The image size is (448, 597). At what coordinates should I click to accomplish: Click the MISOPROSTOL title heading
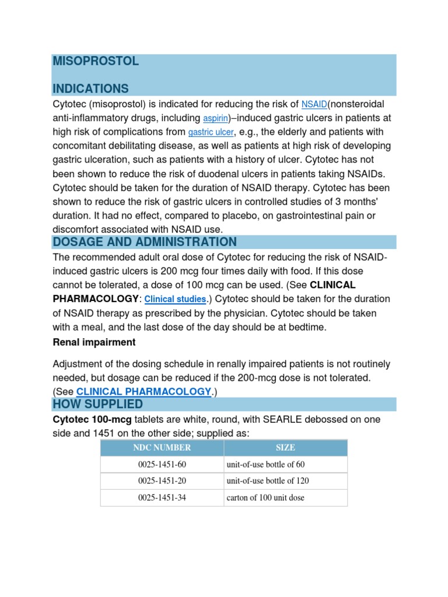click(x=96, y=61)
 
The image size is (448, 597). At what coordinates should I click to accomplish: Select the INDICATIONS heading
click(x=90, y=89)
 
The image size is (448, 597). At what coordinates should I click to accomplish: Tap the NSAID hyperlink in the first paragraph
click(x=314, y=105)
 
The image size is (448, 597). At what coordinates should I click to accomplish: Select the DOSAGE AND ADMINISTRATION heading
click(x=145, y=242)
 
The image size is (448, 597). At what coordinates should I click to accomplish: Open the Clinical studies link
click(x=175, y=299)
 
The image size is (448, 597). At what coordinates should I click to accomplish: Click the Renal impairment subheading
click(x=94, y=342)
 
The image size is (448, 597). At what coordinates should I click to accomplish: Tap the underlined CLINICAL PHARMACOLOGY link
click(x=143, y=392)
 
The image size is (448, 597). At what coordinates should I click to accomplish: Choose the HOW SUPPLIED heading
click(x=97, y=404)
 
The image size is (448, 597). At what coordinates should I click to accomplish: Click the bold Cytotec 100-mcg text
click(x=93, y=420)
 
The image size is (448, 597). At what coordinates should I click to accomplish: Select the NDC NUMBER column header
click(x=162, y=448)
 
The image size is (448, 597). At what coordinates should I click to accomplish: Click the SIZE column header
click(x=285, y=448)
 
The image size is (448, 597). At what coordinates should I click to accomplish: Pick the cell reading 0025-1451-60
click(x=162, y=465)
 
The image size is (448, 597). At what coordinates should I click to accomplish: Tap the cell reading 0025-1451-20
click(x=162, y=481)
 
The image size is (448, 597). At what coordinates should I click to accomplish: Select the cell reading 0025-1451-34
click(x=162, y=498)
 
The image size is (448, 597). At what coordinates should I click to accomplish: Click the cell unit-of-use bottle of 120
click(x=268, y=481)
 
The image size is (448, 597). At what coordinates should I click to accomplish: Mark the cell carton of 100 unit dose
click(x=265, y=498)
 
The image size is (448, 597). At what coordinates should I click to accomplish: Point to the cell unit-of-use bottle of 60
click(x=265, y=465)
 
